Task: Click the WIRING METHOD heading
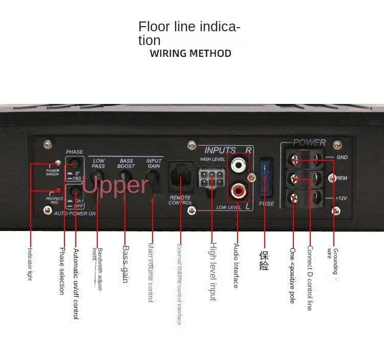point(190,53)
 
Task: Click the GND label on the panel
point(342,157)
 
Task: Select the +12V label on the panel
point(342,198)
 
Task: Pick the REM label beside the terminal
point(342,178)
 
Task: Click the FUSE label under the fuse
point(266,204)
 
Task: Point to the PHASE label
point(74,152)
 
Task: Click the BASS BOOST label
point(126,163)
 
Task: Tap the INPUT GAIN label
point(154,163)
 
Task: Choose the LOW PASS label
point(98,163)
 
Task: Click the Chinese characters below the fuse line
point(264,261)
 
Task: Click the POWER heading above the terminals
point(309,142)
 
